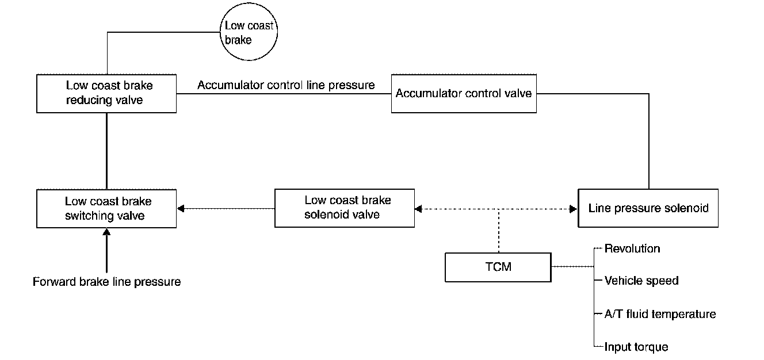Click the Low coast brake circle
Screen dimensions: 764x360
(249, 32)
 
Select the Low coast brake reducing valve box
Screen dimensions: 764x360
(106, 93)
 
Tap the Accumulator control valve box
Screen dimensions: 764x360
(464, 93)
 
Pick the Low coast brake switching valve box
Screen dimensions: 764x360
(106, 208)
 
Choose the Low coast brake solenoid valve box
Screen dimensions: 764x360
(345, 208)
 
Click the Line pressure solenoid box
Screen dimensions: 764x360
(648, 208)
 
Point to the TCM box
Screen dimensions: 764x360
(498, 267)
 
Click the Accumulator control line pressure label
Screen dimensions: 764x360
(286, 85)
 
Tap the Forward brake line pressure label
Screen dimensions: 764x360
(107, 282)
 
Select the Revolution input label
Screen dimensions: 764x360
(632, 248)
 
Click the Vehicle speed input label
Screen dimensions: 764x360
(641, 281)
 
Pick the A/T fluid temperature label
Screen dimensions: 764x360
(660, 314)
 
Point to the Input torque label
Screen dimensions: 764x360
(636, 347)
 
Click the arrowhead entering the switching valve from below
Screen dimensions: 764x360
(107, 232)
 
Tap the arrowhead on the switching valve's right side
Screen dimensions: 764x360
(181, 209)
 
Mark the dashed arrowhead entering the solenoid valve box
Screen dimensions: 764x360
(418, 209)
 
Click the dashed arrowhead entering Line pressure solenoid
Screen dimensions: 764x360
(574, 209)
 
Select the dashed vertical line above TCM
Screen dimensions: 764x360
(499, 231)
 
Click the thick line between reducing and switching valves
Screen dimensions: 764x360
(107, 151)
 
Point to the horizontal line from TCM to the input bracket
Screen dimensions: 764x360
(572, 267)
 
